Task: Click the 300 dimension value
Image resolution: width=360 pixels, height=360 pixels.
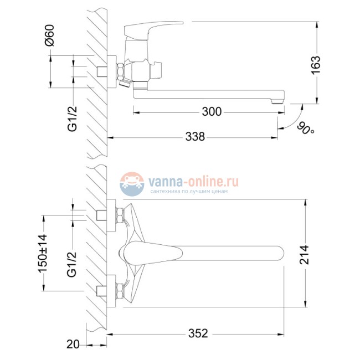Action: [211, 112]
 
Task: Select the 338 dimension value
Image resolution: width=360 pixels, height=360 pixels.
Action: [194, 136]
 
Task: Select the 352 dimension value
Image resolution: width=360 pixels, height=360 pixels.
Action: [198, 333]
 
